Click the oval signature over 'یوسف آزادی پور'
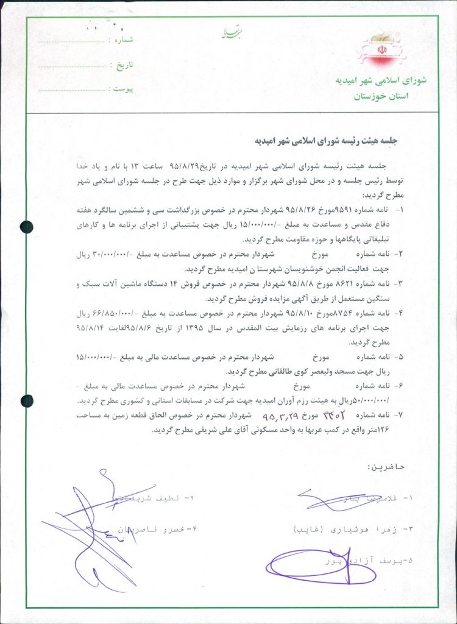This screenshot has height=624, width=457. [x=312, y=565]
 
